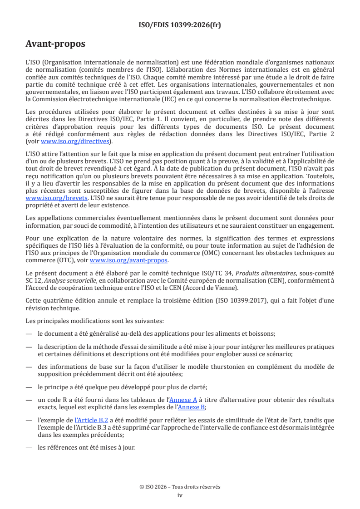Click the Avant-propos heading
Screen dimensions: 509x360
pos(55,44)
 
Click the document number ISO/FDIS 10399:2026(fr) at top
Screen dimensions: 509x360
pos(180,25)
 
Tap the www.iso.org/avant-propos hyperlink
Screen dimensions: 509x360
pos(129,260)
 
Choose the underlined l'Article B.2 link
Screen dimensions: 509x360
pos(89,421)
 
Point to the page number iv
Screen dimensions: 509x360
pos(180,495)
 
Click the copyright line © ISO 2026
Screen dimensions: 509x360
pos(180,487)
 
